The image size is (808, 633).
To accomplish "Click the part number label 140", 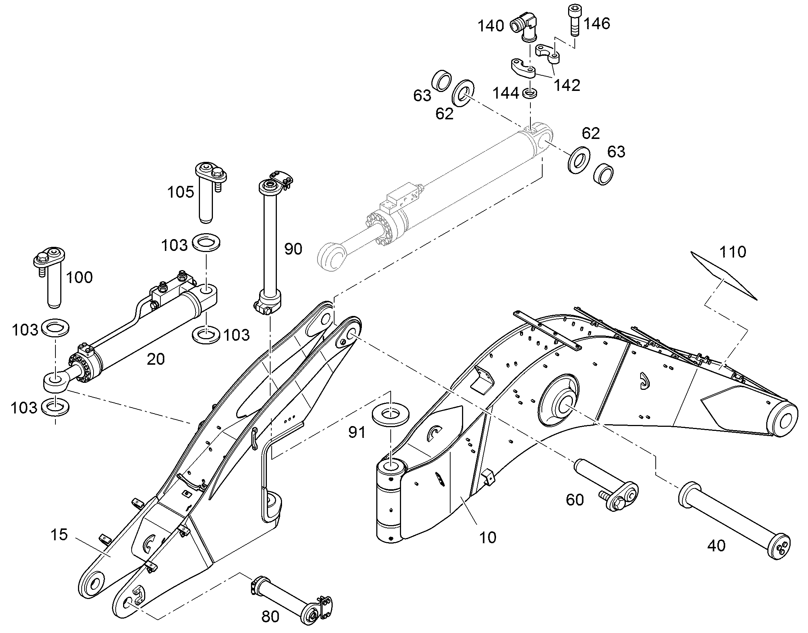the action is tap(490, 26).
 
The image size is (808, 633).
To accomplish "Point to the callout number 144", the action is tap(506, 93).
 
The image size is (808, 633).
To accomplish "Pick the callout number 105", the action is tap(180, 192).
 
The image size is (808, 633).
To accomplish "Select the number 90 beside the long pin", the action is tap(293, 249).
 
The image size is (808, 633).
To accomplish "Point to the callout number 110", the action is tap(732, 252).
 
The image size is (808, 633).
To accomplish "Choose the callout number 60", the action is tap(575, 500).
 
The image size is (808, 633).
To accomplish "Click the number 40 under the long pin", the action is tap(716, 545).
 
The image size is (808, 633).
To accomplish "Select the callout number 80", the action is tap(270, 617).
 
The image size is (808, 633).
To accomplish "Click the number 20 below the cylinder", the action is tap(156, 359).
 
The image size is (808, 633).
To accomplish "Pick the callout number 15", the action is tap(59, 534).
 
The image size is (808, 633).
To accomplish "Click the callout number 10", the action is tap(488, 537).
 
